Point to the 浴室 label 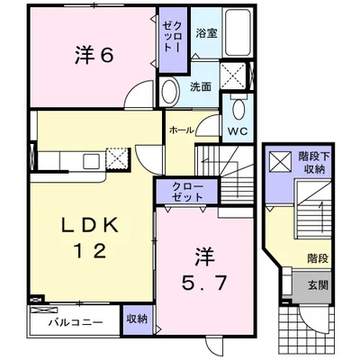coord(205,34)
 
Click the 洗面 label coord(200,87)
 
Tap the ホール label coord(181,130)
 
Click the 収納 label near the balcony coord(137,319)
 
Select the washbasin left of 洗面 coord(169,88)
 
